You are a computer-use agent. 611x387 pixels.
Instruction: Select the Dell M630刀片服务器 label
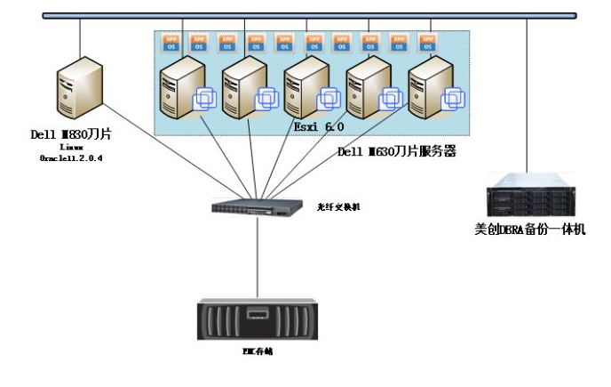(396, 151)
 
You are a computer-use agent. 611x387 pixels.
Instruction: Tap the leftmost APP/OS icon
(170, 42)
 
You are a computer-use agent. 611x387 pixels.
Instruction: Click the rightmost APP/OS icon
(427, 42)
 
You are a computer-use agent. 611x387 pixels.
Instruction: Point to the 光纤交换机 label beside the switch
(338, 205)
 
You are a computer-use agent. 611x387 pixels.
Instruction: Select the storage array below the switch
(258, 319)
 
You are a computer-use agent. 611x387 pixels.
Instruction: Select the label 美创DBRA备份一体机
(529, 230)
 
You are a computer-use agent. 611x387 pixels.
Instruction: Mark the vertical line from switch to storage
(258, 258)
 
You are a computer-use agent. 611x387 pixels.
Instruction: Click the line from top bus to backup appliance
(527, 98)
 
